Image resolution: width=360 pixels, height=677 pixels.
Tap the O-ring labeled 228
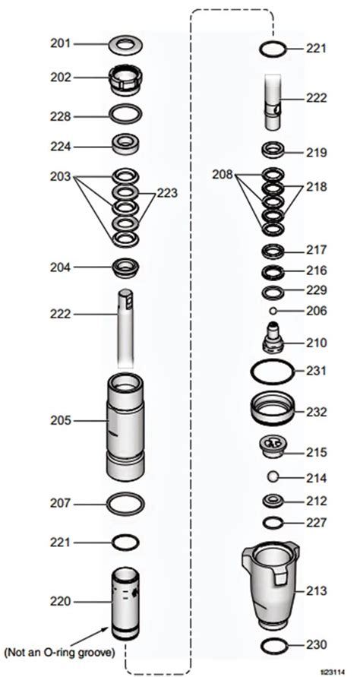click(125, 116)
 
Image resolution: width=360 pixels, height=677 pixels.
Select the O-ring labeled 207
click(125, 503)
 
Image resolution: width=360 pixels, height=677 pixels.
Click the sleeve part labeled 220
click(125, 602)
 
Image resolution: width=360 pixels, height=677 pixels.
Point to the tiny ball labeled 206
click(272, 311)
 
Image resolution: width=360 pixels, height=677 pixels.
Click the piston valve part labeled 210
click(273, 338)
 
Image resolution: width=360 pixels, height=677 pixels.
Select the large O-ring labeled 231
click(273, 372)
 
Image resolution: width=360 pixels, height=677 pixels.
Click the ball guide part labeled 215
click(273, 448)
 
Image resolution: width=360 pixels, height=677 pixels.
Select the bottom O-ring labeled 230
click(273, 645)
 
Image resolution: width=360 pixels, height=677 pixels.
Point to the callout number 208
click(224, 176)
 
